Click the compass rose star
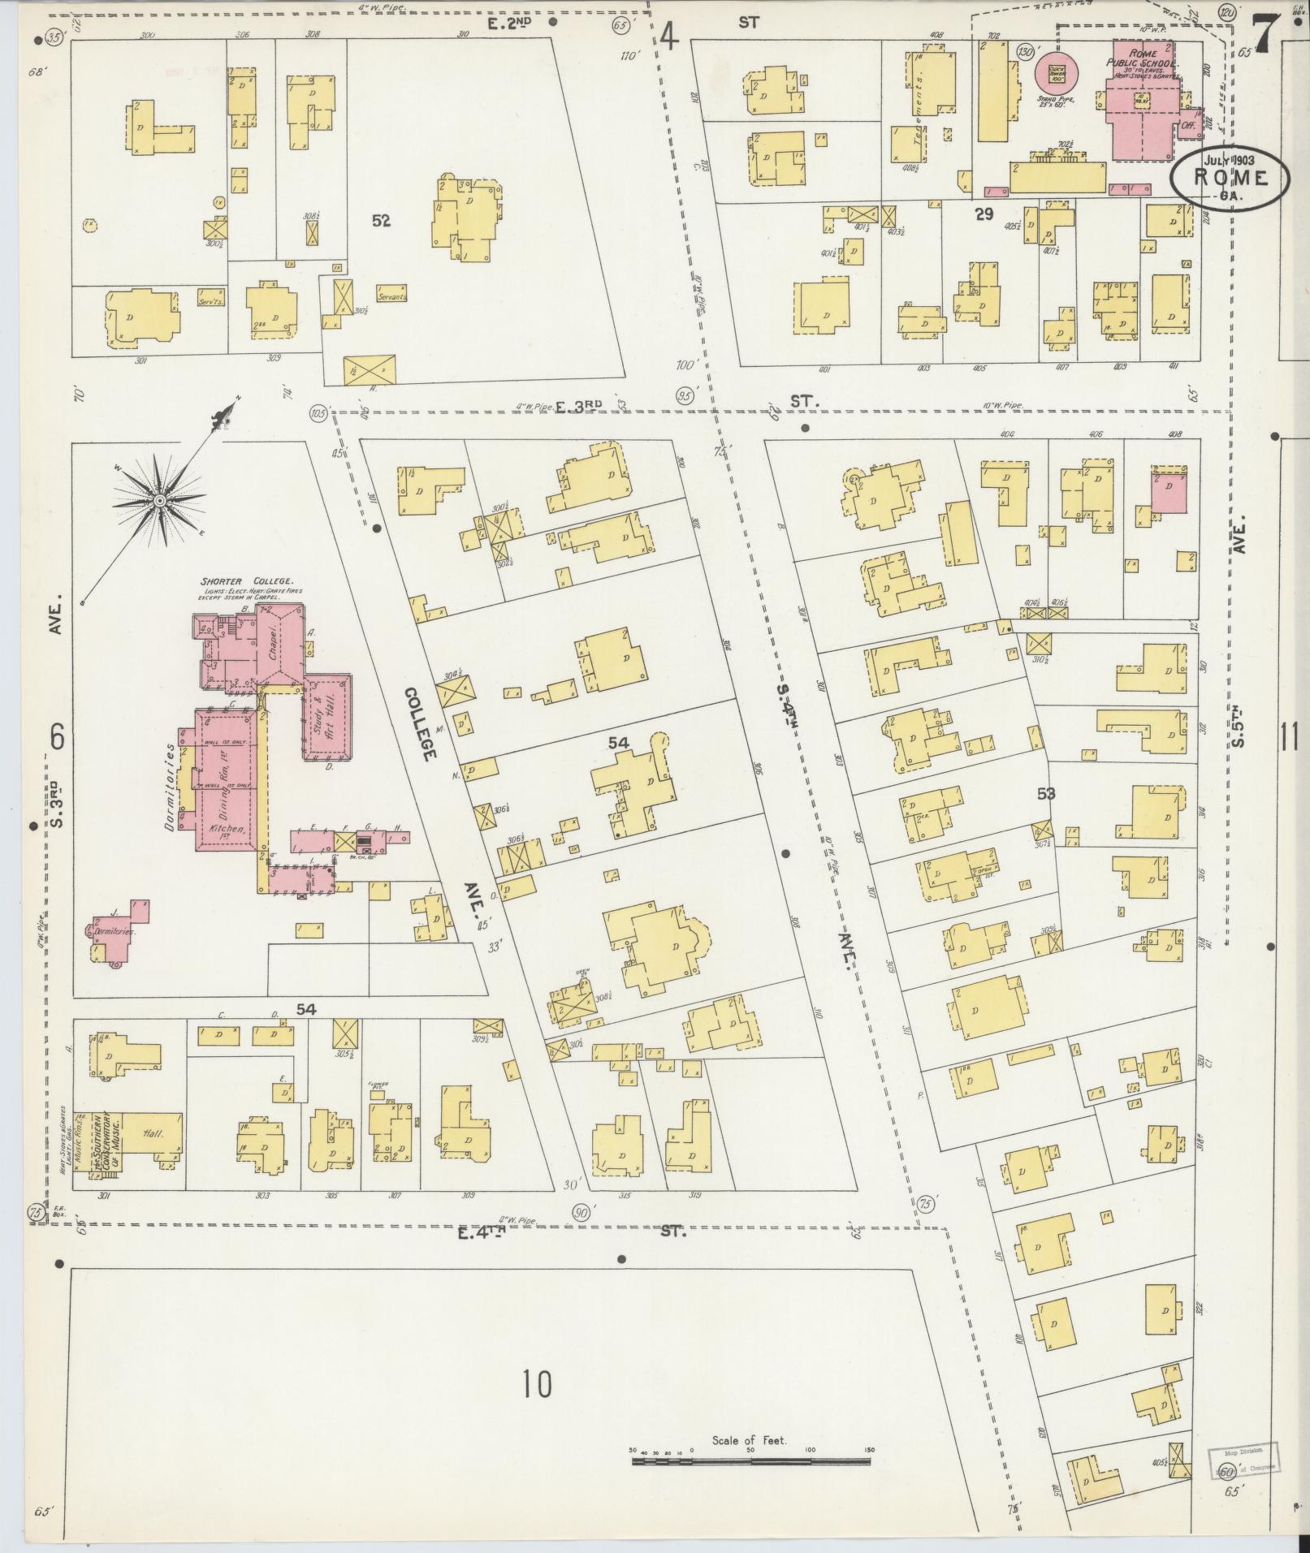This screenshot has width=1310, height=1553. coord(160,501)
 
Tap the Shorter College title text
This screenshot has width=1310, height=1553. coord(241,582)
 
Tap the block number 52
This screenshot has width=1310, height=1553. coord(381,220)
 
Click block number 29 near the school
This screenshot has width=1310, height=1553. coord(984,214)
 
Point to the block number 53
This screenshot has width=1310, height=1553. coord(1046,793)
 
